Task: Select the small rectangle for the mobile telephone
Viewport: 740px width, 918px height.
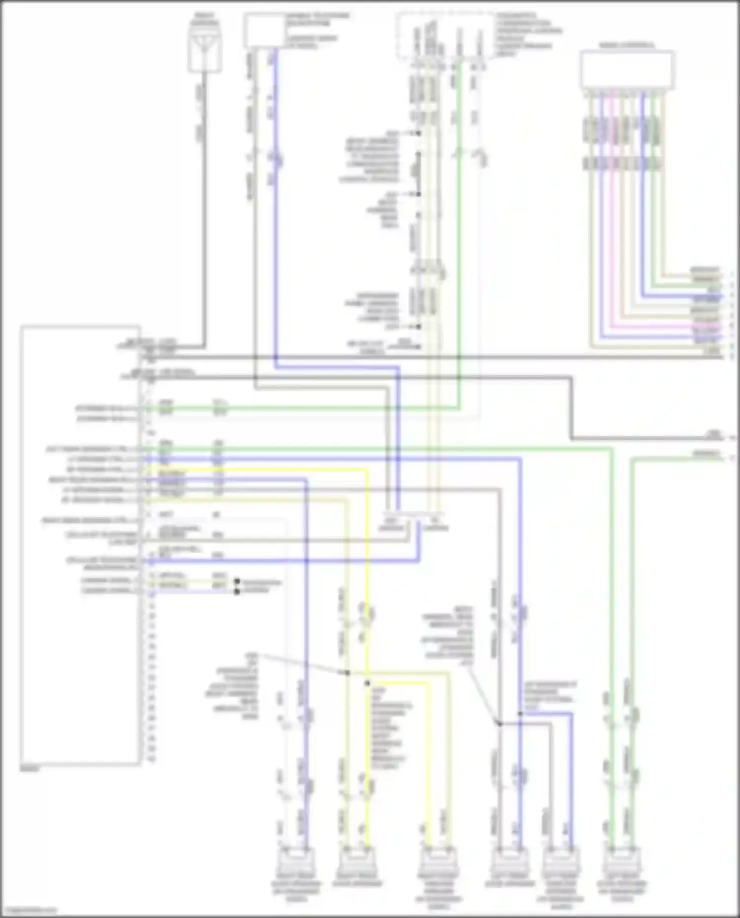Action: [264, 32]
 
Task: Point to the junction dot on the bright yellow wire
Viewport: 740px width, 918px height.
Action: [367, 684]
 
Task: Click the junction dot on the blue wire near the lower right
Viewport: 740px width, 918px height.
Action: [520, 714]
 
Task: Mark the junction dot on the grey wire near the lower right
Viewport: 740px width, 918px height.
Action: [499, 724]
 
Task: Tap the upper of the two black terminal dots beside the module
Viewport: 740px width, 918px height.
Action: [237, 582]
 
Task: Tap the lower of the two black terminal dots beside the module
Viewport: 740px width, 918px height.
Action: [237, 591]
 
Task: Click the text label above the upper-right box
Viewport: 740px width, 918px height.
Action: [627, 45]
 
